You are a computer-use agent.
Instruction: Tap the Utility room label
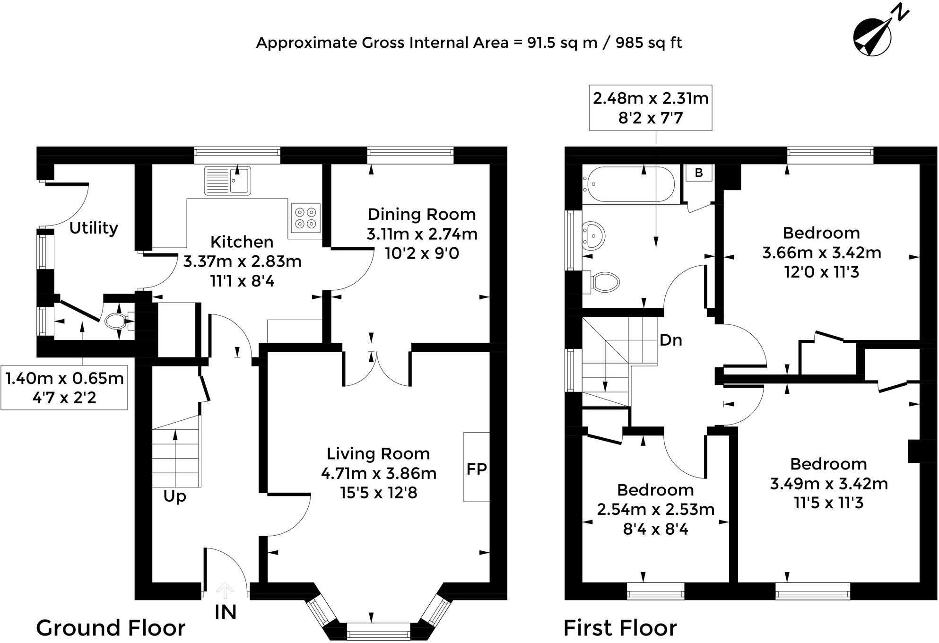click(94, 228)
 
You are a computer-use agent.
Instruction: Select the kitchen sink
click(227, 181)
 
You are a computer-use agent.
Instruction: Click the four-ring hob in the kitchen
click(305, 217)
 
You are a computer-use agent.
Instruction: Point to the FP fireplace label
click(476, 469)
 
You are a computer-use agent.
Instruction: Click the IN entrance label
click(226, 612)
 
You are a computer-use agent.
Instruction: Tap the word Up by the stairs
click(174, 496)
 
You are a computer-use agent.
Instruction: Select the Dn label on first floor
click(670, 340)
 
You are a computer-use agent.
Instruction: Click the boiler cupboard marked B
click(699, 173)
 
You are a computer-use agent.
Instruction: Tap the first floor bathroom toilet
click(604, 282)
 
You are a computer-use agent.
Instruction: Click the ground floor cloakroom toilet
click(115, 322)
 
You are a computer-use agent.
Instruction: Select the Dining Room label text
click(421, 215)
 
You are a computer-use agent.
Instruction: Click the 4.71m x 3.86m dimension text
click(378, 473)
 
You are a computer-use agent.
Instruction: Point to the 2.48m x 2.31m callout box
click(651, 108)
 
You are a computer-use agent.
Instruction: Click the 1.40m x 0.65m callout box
click(64, 388)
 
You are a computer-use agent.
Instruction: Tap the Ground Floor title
click(111, 628)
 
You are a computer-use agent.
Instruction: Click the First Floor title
click(620, 628)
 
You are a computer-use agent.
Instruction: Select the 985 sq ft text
click(649, 43)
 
